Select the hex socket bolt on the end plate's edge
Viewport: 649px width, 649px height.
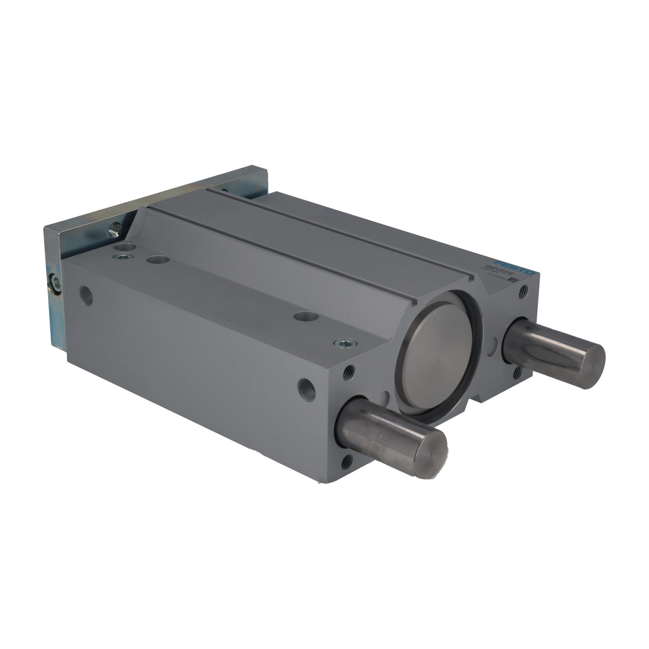57,283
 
